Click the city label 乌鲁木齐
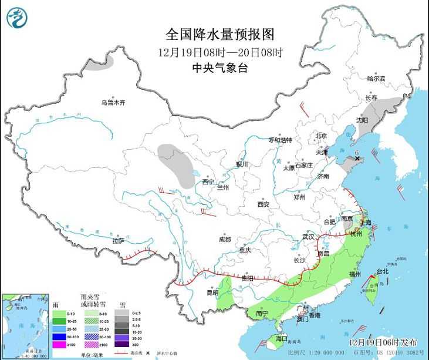[x=113, y=103]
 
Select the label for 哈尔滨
[x=376, y=79]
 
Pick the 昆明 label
[x=212, y=292]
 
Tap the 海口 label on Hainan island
[x=282, y=338]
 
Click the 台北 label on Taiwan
[x=382, y=271]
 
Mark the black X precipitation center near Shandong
[x=357, y=159]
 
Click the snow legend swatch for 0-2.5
[x=125, y=313]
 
